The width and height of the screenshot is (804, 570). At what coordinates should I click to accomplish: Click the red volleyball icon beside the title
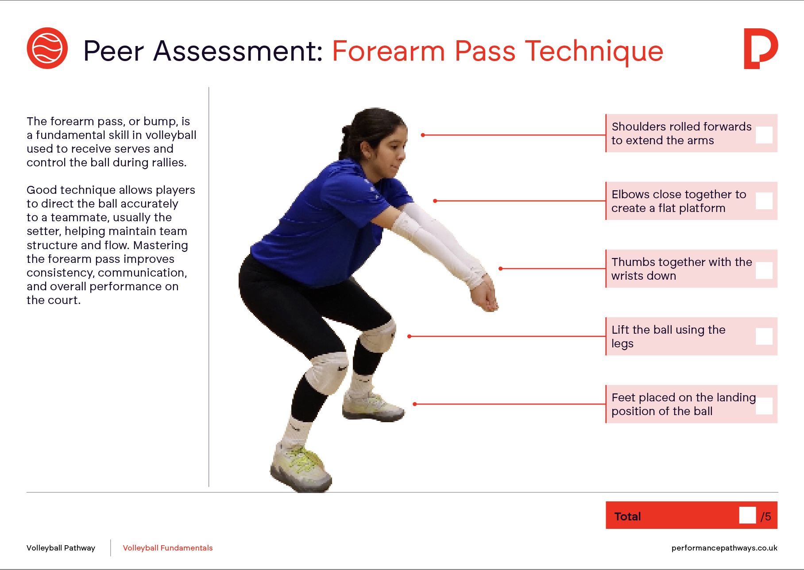coord(47,48)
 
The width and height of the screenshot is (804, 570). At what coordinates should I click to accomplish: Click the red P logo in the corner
coord(761,49)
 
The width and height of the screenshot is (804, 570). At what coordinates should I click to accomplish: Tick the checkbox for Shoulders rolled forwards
coord(764,135)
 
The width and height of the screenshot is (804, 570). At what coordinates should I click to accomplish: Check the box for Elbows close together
coord(764,201)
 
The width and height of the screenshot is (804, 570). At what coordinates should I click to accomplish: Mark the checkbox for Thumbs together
coord(764,270)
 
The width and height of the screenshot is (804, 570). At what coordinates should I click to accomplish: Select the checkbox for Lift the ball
coord(764,336)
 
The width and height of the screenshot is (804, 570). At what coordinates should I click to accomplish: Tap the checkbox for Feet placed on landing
coord(764,406)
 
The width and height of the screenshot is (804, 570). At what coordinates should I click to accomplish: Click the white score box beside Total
coord(747,515)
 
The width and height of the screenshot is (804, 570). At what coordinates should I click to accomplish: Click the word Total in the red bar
coord(627,516)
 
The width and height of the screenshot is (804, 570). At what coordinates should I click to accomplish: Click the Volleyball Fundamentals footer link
coord(168,548)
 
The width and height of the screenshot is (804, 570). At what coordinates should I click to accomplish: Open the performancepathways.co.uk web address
coord(724,548)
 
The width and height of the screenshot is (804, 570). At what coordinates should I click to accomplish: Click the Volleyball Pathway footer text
coord(61,548)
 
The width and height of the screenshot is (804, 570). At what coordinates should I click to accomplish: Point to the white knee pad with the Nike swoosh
coord(328,372)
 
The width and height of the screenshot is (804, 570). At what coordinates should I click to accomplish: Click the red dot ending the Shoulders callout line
coord(423,135)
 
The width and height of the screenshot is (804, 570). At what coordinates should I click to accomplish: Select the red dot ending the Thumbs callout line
coord(500,269)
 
